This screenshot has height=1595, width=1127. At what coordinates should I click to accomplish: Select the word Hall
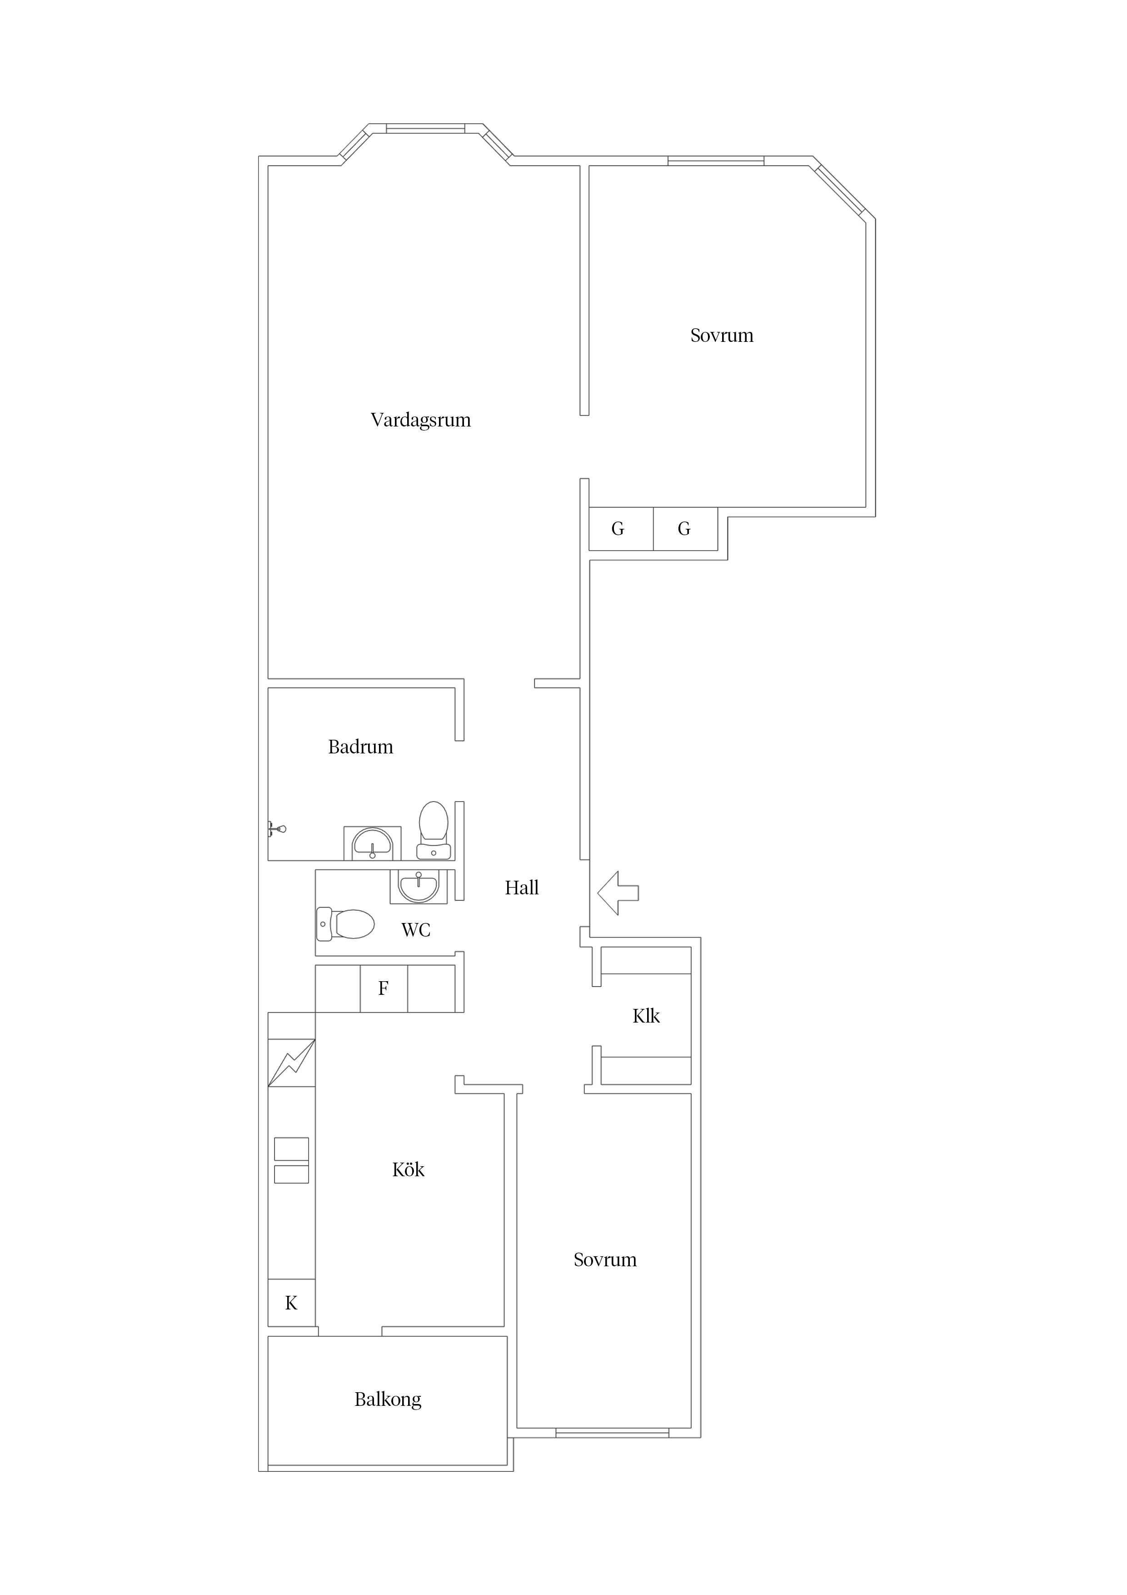[x=522, y=888]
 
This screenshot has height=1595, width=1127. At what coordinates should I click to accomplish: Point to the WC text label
[x=416, y=930]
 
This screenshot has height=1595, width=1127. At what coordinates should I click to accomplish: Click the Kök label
[x=408, y=1170]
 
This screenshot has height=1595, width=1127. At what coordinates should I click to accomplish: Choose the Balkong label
[x=388, y=1400]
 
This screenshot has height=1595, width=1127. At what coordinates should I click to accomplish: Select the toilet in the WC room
[x=345, y=924]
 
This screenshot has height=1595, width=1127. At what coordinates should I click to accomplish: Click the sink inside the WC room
[x=418, y=887]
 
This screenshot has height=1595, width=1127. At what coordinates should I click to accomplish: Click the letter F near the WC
[x=383, y=988]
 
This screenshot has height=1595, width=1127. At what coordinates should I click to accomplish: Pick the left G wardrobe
[x=621, y=529]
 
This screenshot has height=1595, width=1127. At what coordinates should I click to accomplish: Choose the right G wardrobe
[x=685, y=529]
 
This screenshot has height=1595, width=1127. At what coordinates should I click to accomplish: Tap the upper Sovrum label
[x=722, y=336]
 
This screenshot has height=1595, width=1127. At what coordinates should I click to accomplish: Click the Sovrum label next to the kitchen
[x=605, y=1260]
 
